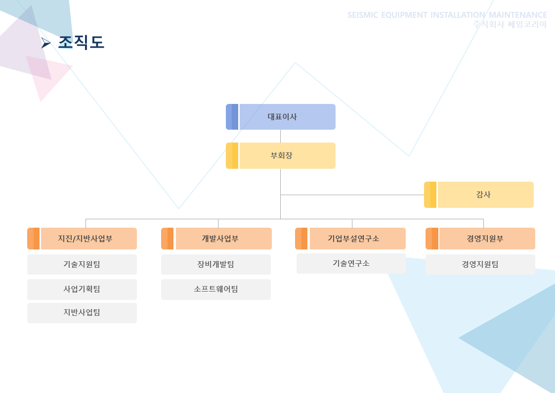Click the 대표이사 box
pyautogui.click(x=281, y=117)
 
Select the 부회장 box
pyautogui.click(x=281, y=155)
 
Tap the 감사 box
pyautogui.click(x=479, y=195)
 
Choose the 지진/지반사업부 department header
pyautogui.click(x=82, y=239)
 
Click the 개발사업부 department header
pyautogui.click(x=216, y=239)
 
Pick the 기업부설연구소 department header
pyautogui.click(x=350, y=239)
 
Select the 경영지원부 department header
pyautogui.click(x=480, y=239)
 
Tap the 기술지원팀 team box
pyautogui.click(x=82, y=264)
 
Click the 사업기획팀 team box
pyautogui.click(x=82, y=289)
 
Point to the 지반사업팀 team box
pyautogui.click(x=82, y=312)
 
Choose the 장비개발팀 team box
pyautogui.click(x=216, y=264)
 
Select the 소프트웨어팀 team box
pyautogui.click(x=216, y=289)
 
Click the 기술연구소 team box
pyautogui.click(x=351, y=263)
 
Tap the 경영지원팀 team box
pyautogui.click(x=480, y=264)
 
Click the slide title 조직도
pyautogui.click(x=81, y=42)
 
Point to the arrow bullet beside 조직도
pyautogui.click(x=45, y=43)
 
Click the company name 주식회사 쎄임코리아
pyautogui.click(x=510, y=24)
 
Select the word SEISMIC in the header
pyautogui.click(x=363, y=15)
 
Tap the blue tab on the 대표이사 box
pyautogui.click(x=232, y=117)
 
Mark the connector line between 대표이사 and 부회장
pyautogui.click(x=280, y=136)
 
